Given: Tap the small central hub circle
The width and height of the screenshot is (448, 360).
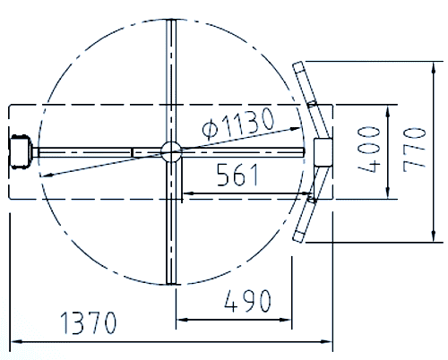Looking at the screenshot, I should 171,151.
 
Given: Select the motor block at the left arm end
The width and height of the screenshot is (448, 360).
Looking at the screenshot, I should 21,150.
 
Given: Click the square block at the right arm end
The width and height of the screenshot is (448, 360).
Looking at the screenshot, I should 322,150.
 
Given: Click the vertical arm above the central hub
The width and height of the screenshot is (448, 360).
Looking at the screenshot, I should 171,81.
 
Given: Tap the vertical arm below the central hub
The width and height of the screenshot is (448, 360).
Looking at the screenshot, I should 171,224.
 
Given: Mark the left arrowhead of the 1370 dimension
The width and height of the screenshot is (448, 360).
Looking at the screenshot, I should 14,341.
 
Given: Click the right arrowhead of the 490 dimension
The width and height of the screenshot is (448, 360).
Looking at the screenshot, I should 293,319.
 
